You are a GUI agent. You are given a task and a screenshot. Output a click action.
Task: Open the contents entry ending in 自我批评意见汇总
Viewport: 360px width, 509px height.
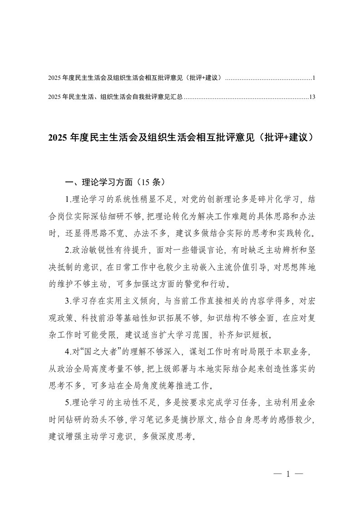pyautogui.click(x=115, y=97)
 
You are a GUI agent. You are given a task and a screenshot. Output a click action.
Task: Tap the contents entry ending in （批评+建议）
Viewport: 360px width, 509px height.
pyautogui.click(x=136, y=78)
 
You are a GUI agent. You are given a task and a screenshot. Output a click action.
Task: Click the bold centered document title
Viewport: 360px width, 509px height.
pyautogui.click(x=180, y=138)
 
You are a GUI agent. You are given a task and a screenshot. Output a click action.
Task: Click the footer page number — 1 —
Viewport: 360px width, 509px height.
pyautogui.click(x=289, y=475)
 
